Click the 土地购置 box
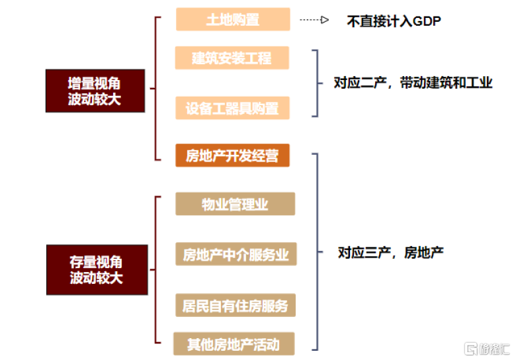click(x=233, y=19)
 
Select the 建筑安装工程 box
click(x=232, y=58)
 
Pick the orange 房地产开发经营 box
click(x=232, y=156)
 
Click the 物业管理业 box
click(x=235, y=204)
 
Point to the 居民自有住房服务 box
click(x=236, y=306)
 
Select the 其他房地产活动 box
click(x=234, y=344)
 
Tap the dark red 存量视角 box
click(x=96, y=269)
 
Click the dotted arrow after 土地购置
click(x=314, y=20)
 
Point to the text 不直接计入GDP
click(x=394, y=21)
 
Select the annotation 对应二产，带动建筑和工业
click(x=413, y=83)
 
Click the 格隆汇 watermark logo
click(x=487, y=348)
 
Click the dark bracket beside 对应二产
click(x=316, y=83)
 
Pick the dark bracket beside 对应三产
click(x=317, y=251)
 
